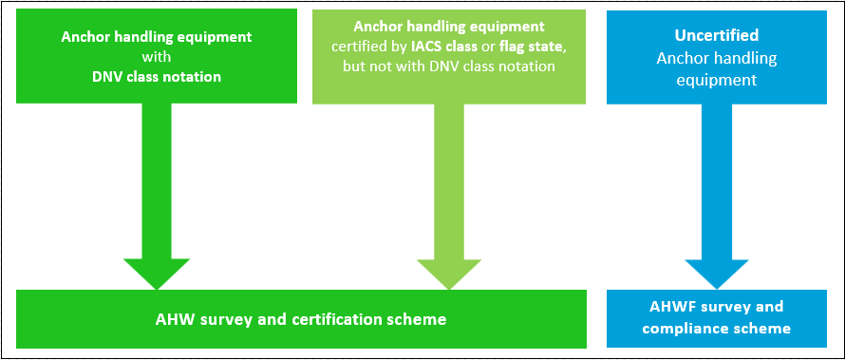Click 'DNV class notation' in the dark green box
[157, 76]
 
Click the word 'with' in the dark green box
[157, 57]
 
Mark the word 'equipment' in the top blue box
[718, 81]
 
